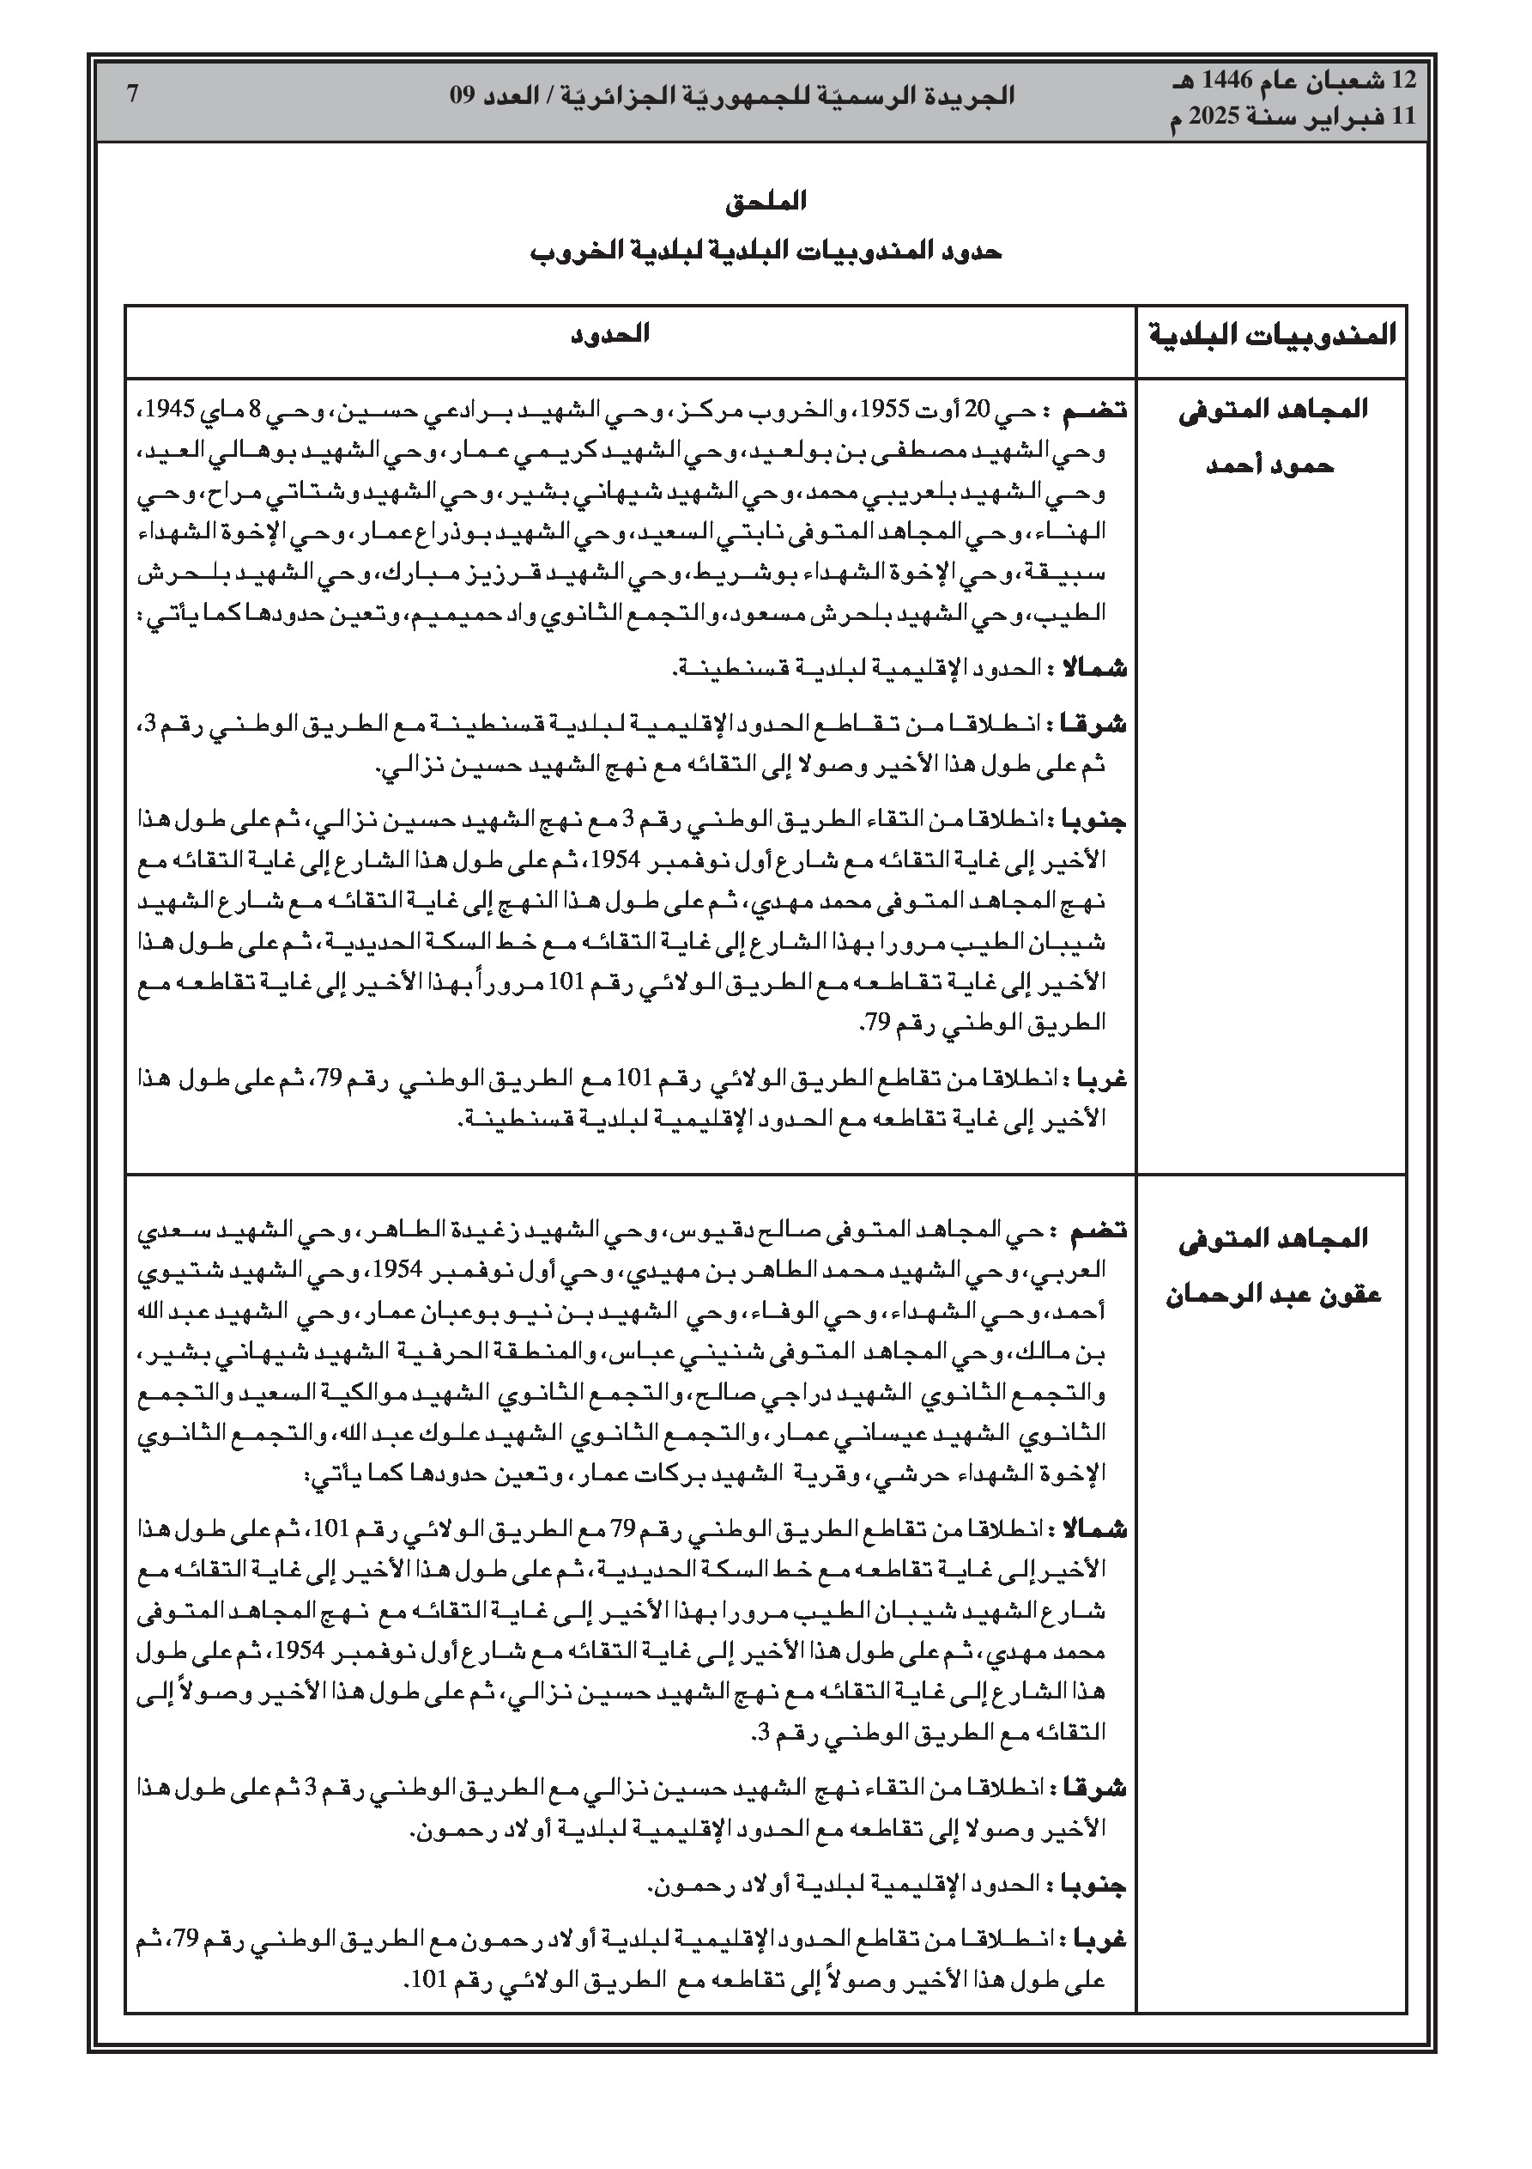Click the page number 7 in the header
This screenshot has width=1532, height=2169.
pos(133,94)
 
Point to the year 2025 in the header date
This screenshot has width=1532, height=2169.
pos(1215,117)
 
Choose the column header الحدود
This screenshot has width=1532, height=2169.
pos(610,334)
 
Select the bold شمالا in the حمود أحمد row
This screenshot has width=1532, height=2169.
pos(1096,669)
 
